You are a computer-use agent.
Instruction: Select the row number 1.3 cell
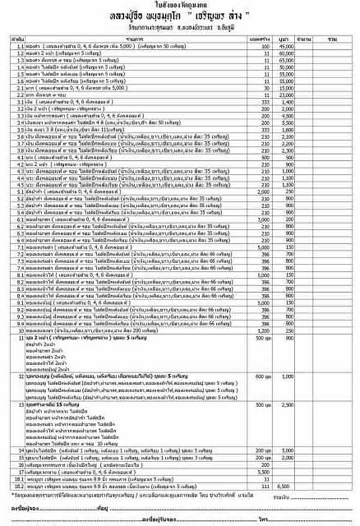[x=20, y=60]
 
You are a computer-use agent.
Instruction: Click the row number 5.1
[x=20, y=191]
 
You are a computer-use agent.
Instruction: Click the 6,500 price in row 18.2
[x=285, y=485]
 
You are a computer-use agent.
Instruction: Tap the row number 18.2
[x=20, y=485]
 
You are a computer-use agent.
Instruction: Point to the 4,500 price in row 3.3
[x=285, y=116]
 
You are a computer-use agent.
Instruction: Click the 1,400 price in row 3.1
[x=285, y=102]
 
